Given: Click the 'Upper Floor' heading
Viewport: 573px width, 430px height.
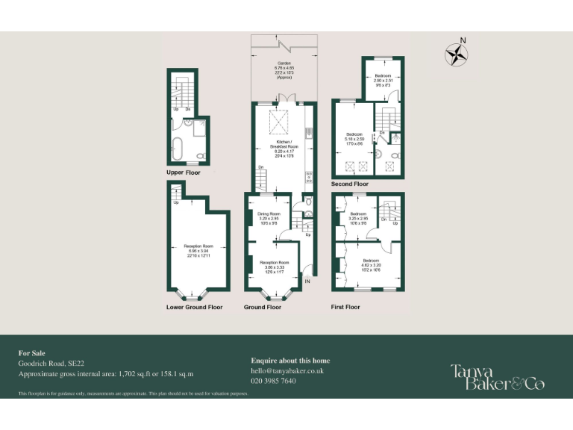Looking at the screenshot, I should click(x=184, y=172).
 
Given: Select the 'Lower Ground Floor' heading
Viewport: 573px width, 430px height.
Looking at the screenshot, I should click(x=194, y=307).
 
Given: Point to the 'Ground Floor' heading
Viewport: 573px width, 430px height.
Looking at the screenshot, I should click(x=263, y=307).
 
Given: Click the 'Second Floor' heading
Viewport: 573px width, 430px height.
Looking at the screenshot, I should click(x=350, y=184).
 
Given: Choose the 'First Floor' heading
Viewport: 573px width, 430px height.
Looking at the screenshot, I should click(x=345, y=307).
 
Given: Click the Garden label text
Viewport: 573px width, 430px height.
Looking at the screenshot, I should click(x=284, y=69).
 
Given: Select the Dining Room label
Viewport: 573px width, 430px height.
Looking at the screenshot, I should click(x=268, y=218).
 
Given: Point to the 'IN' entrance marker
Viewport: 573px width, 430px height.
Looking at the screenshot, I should click(x=307, y=281).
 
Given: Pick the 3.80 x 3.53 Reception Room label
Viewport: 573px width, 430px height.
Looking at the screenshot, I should click(x=274, y=267).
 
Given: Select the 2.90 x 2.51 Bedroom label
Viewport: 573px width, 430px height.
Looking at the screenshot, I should click(x=383, y=81).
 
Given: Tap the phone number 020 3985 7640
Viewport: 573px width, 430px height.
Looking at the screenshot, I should click(x=273, y=381).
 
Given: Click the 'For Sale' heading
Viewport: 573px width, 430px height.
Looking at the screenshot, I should click(x=33, y=353).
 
